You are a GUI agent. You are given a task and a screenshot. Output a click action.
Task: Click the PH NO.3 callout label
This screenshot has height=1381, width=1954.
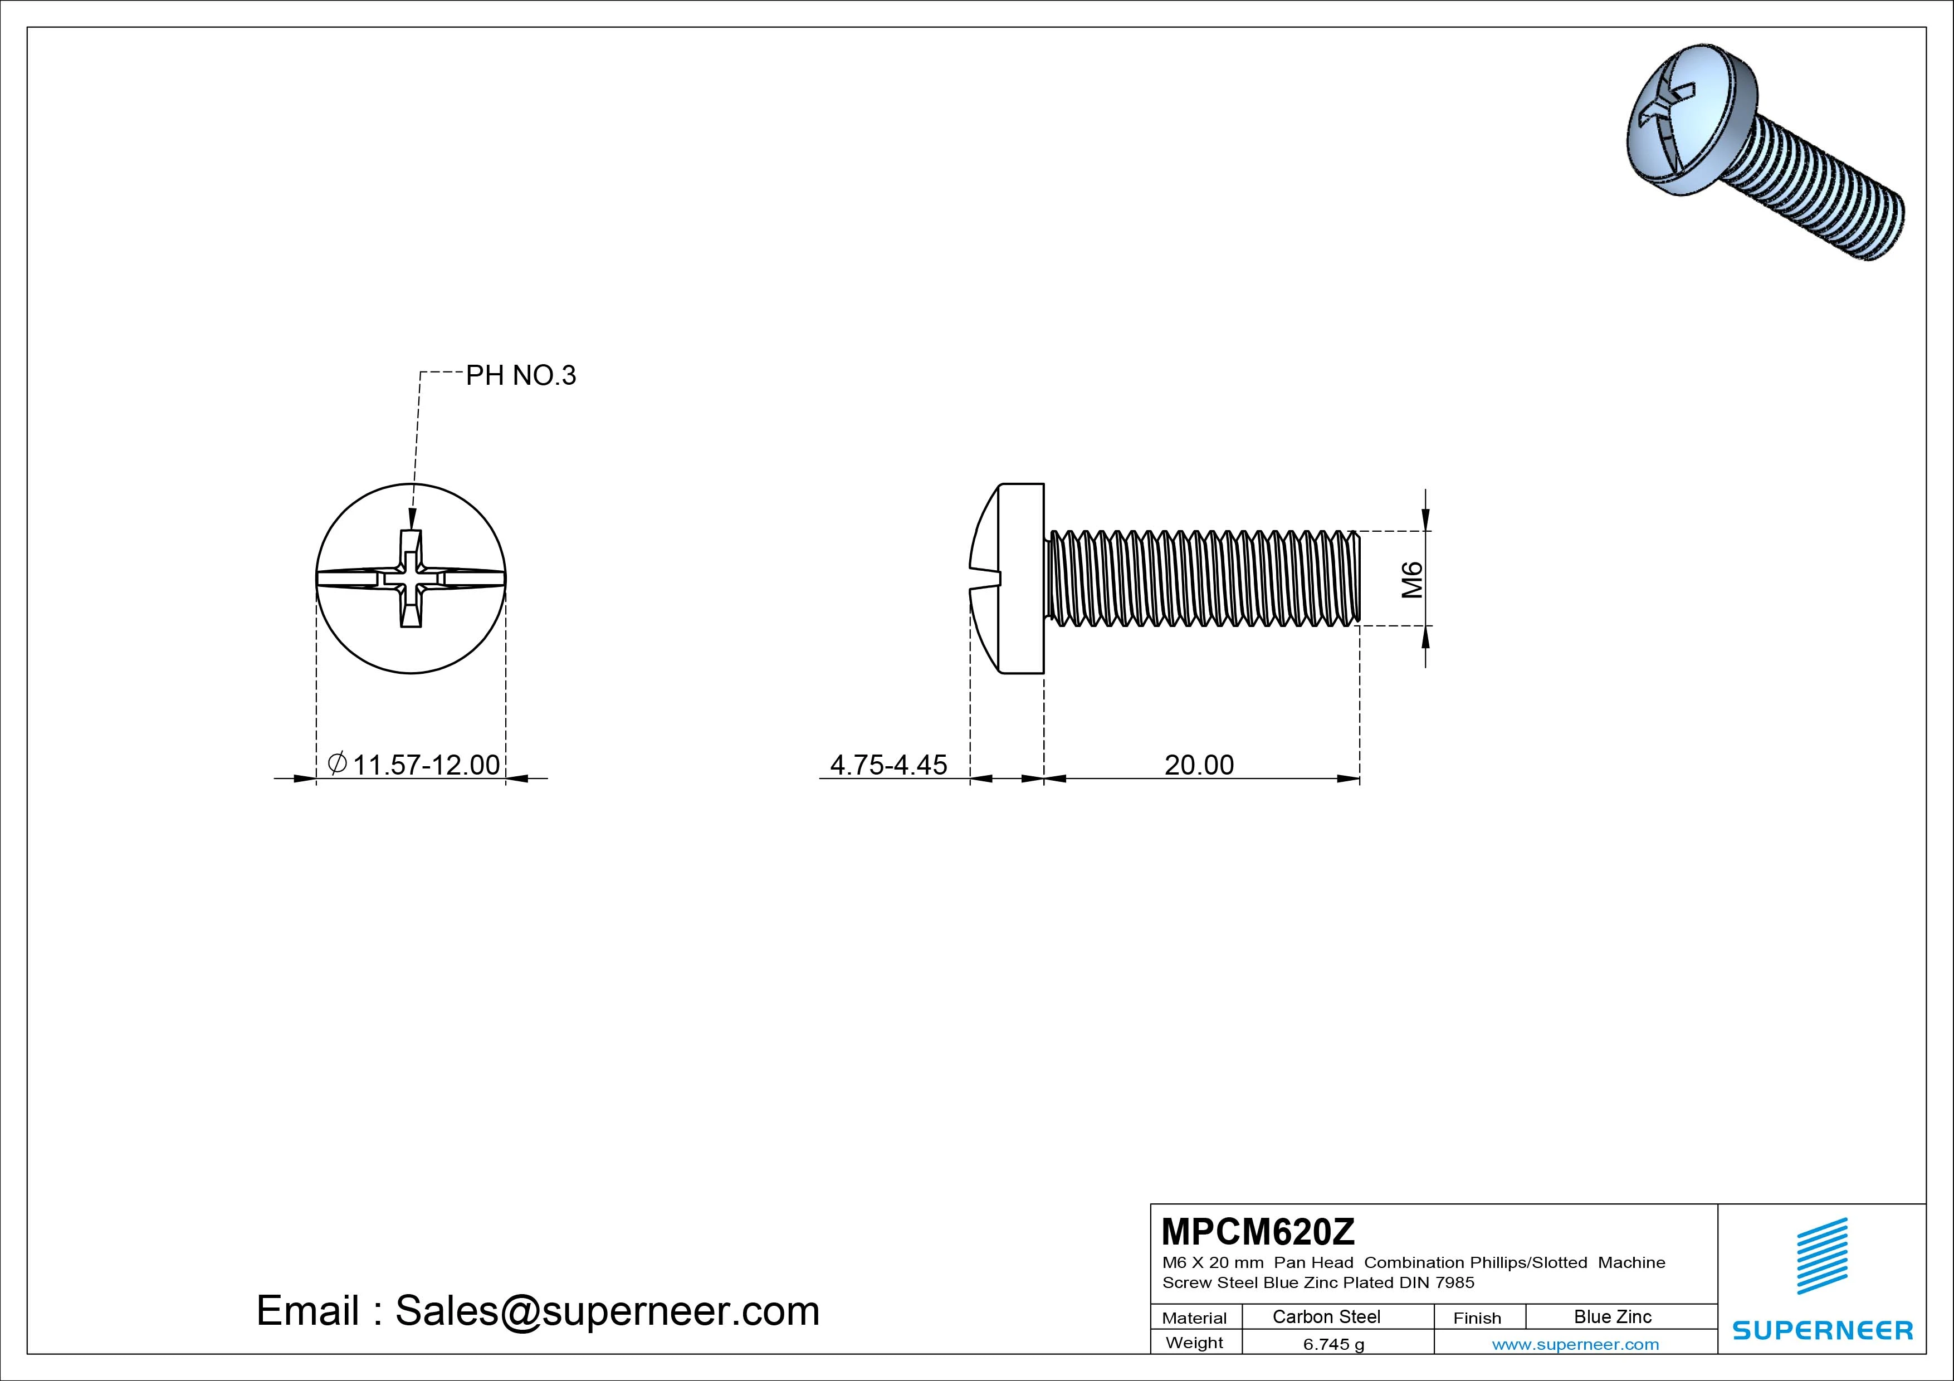click(521, 375)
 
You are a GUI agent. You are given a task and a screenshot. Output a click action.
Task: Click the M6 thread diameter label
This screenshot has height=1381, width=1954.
click(1413, 580)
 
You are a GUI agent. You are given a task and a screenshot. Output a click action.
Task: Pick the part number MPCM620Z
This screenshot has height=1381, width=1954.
click(1258, 1231)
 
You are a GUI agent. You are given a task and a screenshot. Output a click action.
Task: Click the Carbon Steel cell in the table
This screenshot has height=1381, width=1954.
click(1326, 1316)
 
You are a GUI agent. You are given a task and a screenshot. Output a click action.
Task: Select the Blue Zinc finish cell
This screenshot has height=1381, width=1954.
click(1613, 1316)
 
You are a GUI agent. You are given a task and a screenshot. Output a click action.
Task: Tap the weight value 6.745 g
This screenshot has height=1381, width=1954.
click(1333, 1344)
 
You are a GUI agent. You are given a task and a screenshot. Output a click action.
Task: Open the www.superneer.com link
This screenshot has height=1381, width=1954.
click(1575, 1344)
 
